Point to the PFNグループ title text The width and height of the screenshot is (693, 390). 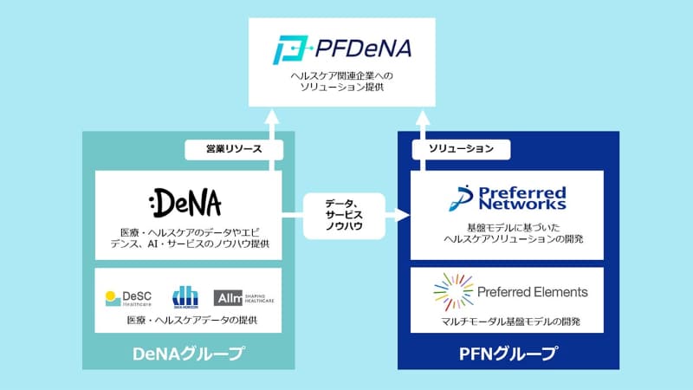[508, 354]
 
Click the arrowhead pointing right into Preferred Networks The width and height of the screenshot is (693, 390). [403, 213]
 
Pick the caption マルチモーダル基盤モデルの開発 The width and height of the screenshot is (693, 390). [508, 322]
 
